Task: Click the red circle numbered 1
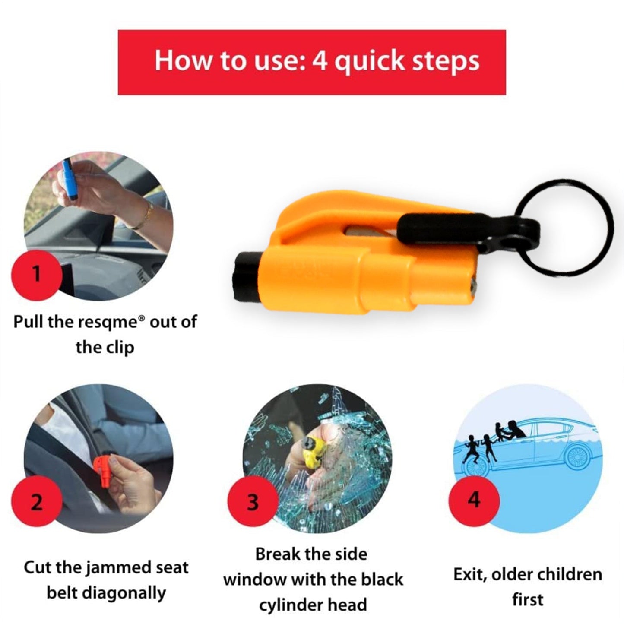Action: click(36, 274)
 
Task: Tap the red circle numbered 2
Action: click(36, 503)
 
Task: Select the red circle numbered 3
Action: click(253, 503)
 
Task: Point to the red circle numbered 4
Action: click(474, 500)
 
